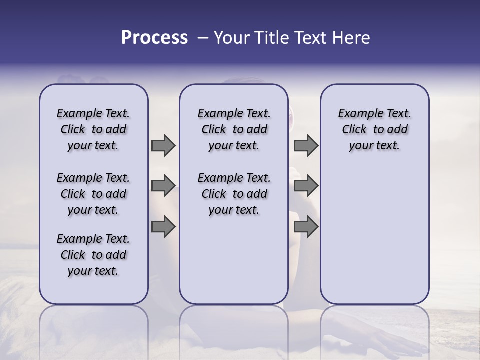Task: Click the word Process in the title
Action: (154, 38)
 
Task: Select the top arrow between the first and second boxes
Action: (163, 145)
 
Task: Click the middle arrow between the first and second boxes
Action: (163, 186)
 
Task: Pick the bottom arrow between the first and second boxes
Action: (163, 227)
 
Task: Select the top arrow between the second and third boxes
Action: (306, 145)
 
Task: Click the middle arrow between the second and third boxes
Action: (306, 186)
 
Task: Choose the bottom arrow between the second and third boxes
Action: (306, 227)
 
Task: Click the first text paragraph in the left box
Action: (93, 129)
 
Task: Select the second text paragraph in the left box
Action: (93, 194)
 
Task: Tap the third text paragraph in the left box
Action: (93, 255)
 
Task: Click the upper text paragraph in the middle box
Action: (234, 129)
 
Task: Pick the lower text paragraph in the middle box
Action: (234, 194)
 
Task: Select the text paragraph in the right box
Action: (375, 129)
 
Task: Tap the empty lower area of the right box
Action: (375, 235)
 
